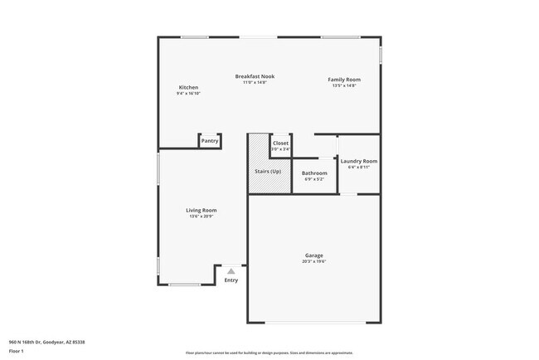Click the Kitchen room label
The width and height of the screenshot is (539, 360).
pyautogui.click(x=188, y=87)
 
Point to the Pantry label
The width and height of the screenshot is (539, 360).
pyautogui.click(x=210, y=141)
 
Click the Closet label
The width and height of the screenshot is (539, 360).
pyautogui.click(x=280, y=143)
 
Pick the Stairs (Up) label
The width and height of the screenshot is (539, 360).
pyautogui.click(x=267, y=172)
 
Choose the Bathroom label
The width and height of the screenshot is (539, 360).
pyautogui.click(x=314, y=173)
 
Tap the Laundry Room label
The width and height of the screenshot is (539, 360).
pyautogui.click(x=359, y=161)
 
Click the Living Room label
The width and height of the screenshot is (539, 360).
pyautogui.click(x=201, y=210)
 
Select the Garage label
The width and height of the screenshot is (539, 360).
pyautogui.click(x=313, y=255)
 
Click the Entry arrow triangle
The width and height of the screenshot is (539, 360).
pyautogui.click(x=231, y=270)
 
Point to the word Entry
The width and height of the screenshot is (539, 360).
pyautogui.click(x=231, y=280)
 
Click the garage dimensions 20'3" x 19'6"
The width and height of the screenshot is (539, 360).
pyautogui.click(x=313, y=261)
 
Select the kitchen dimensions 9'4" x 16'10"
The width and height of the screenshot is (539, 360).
pyautogui.click(x=188, y=94)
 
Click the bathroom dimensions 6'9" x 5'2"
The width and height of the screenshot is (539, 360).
pyautogui.click(x=314, y=178)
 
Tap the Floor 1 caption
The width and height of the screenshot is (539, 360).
pyautogui.click(x=17, y=351)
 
